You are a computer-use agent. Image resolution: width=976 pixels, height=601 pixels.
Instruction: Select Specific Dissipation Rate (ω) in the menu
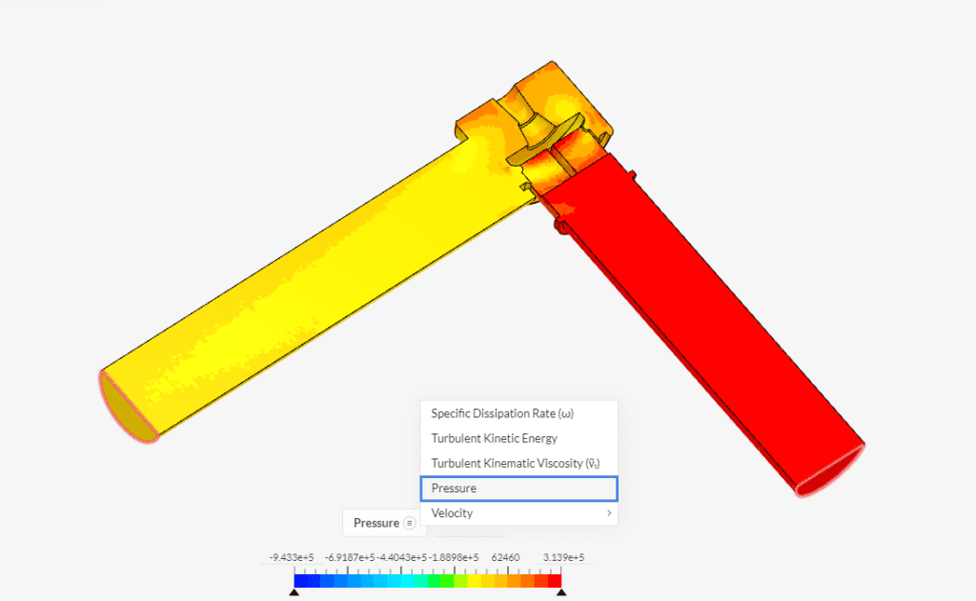coord(502,413)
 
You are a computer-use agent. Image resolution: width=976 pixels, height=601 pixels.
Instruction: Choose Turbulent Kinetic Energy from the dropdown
coord(494,438)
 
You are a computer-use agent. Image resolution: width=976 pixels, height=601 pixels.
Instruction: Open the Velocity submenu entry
coord(452,513)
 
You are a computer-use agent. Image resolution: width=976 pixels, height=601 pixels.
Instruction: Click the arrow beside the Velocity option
coord(607,513)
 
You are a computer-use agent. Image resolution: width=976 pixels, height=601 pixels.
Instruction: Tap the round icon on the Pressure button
coord(409,523)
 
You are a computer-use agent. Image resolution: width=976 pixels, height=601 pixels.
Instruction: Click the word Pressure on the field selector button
coord(376,523)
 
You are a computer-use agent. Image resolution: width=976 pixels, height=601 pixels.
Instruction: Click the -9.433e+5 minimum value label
coord(292,557)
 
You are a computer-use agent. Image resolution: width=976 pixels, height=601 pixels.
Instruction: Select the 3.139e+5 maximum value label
coord(562,557)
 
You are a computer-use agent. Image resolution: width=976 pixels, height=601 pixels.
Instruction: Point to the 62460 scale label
coord(503,557)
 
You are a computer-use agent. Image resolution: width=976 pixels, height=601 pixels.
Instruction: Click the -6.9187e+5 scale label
coord(348,557)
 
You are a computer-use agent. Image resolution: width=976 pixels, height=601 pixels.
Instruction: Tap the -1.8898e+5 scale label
coord(453,557)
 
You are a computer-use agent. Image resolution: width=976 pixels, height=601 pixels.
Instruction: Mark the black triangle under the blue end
coord(294,592)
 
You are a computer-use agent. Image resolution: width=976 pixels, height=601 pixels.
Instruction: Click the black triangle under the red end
coord(561,592)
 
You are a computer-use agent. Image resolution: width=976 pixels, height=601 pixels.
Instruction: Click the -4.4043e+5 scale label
coord(400,557)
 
